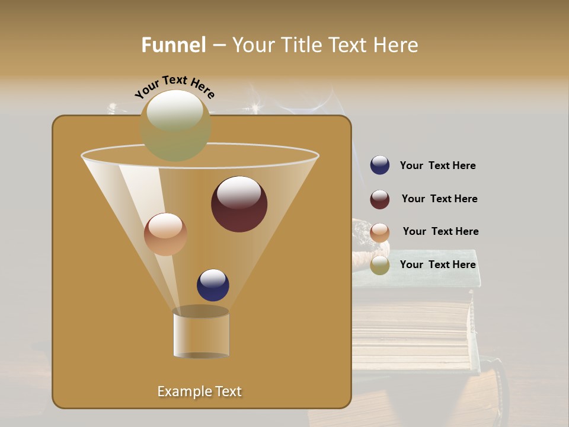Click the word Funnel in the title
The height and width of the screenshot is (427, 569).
(x=173, y=45)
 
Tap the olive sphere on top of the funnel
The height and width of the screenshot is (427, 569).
(x=175, y=125)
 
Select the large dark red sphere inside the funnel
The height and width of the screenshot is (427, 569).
(x=239, y=204)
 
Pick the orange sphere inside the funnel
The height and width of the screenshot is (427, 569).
(x=165, y=234)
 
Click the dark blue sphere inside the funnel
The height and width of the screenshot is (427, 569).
(x=213, y=285)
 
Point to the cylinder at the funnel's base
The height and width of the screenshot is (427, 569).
(x=201, y=333)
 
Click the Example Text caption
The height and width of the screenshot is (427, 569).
(x=199, y=391)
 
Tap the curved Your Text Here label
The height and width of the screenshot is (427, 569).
(x=175, y=87)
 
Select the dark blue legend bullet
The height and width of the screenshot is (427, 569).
(x=380, y=165)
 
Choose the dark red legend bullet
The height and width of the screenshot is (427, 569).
(x=380, y=199)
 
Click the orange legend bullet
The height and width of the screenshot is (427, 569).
(x=380, y=232)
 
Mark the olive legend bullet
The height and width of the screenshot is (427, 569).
(x=380, y=265)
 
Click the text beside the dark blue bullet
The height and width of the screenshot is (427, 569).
(x=437, y=166)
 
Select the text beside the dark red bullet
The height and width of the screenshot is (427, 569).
(x=439, y=199)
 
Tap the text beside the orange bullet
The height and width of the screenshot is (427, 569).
(x=440, y=232)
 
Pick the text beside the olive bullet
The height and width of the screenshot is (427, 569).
(x=437, y=265)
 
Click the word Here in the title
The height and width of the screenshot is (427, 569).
(x=396, y=45)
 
